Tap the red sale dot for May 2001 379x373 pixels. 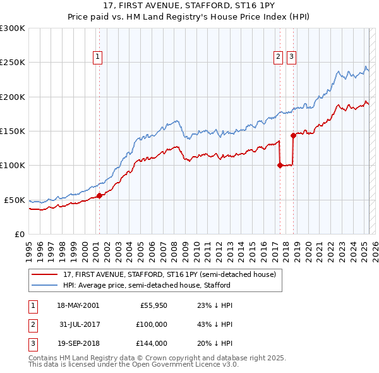(x=99, y=195)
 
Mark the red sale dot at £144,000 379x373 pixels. (x=293, y=135)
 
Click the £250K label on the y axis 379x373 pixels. (x=13, y=63)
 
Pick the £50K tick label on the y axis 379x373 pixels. (x=15, y=200)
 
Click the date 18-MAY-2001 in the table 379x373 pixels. (x=78, y=305)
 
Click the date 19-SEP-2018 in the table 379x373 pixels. (x=78, y=343)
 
